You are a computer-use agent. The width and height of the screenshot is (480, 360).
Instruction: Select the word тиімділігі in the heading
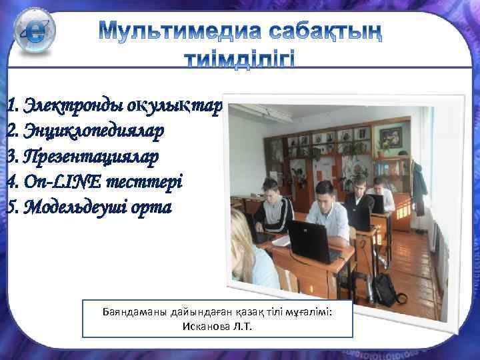(x=238, y=61)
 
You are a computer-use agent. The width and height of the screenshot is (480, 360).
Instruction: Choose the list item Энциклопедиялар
(x=91, y=131)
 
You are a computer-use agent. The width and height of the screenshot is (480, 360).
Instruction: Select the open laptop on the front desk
(x=309, y=241)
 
